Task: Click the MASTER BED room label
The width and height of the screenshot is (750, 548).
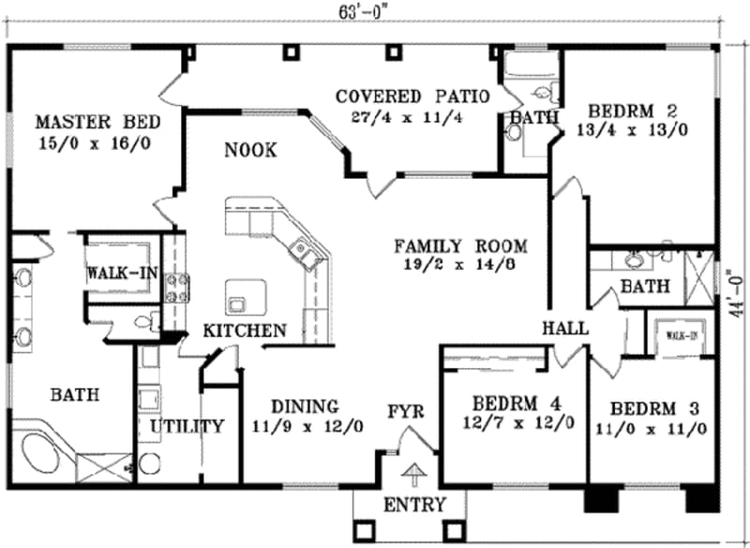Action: coord(97,122)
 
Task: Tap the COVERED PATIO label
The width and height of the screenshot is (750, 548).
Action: coord(412,96)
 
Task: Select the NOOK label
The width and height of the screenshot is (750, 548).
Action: coord(249,150)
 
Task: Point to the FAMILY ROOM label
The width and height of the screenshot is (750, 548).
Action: coord(459,246)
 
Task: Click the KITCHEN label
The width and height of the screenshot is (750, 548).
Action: coord(245,331)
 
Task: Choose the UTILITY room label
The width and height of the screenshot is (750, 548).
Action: coord(187,426)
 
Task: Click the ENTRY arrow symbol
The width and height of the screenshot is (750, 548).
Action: coord(412,473)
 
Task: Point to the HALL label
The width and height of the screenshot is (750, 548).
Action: coord(565,329)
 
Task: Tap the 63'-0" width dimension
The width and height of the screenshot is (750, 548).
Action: coord(362,12)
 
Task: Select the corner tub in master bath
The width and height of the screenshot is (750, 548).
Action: coord(41,455)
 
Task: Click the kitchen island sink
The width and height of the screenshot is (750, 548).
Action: coord(236,302)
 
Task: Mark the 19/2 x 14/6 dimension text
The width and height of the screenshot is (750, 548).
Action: coord(459,266)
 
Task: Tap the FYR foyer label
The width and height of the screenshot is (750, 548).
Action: coord(407,410)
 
